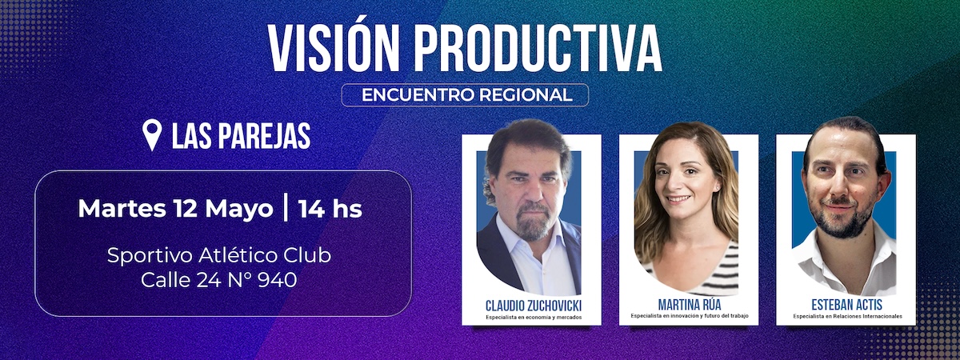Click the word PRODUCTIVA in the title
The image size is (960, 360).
[538, 47]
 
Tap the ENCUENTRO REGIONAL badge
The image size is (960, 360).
[465, 94]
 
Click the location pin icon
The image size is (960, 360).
[152, 134]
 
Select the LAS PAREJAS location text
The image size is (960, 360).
[242, 136]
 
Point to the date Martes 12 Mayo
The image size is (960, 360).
[175, 209]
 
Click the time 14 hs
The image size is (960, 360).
[330, 209]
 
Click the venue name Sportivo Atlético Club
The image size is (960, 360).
[219, 256]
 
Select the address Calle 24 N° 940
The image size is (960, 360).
[218, 280]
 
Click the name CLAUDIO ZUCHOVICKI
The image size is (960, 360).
[534, 306]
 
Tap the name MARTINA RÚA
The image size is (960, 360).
[690, 305]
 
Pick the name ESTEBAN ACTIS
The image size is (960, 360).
[847, 305]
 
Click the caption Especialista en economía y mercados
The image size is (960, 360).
[534, 318]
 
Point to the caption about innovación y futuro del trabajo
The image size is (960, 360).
[690, 316]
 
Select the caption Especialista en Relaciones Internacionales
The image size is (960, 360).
[847, 316]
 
